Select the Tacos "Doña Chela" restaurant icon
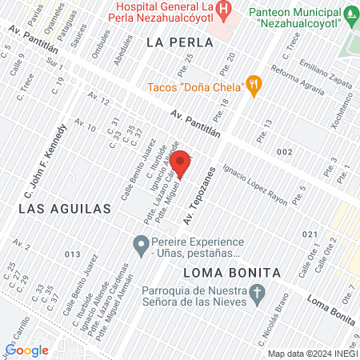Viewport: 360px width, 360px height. [x=254, y=84]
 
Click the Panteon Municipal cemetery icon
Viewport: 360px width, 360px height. [x=350, y=14]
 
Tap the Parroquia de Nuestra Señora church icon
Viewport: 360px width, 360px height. [x=257, y=294]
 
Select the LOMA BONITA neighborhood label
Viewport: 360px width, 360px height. [x=232, y=272]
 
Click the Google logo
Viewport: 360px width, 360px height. [x=26, y=350]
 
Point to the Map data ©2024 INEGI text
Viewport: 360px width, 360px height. [x=312, y=354]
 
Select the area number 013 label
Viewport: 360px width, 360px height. [x=74, y=254]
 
